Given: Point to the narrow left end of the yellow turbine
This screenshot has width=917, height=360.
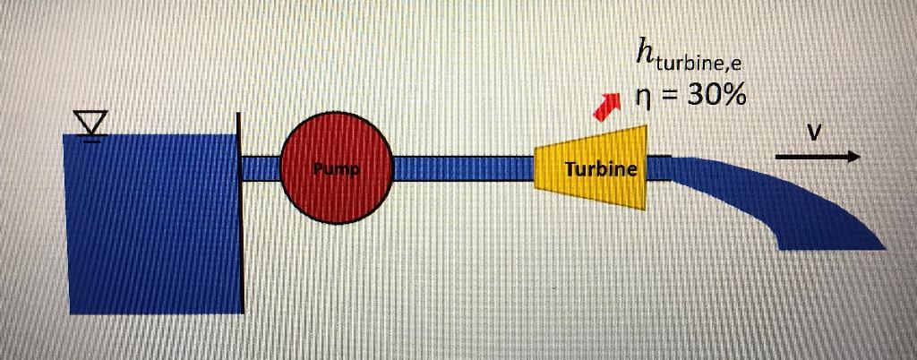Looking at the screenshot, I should pyautogui.click(x=539, y=168).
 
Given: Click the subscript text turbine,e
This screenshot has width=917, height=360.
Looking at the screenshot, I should pyautogui.click(x=698, y=64).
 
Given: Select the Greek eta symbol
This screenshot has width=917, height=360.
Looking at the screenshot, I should pyautogui.click(x=641, y=97).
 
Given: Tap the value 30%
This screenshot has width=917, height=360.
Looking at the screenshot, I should pyautogui.click(x=716, y=95).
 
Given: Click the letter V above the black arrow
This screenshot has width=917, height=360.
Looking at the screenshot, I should pyautogui.click(x=813, y=133).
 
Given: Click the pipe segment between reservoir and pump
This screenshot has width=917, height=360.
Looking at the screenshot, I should pyautogui.click(x=261, y=168).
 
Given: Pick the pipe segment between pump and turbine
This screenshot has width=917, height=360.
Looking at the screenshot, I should pyautogui.click(x=462, y=168).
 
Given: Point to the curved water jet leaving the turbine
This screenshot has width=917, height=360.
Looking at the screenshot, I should pyautogui.click(x=788, y=201).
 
